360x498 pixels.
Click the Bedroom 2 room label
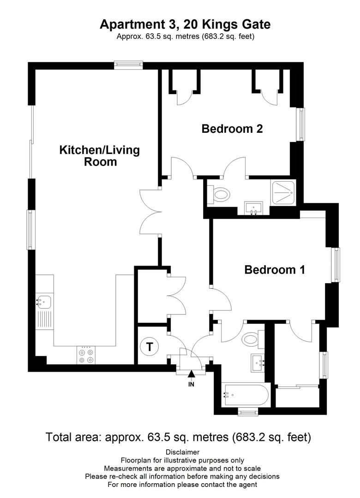pos(232,129)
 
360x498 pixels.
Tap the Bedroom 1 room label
pos(275,270)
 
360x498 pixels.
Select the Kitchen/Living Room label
pos(100,156)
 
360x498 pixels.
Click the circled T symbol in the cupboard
pos(149,346)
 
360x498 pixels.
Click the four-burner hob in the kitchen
pos(86,356)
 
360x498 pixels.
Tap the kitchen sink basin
pos(44,302)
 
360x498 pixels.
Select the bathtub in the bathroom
pos(246,395)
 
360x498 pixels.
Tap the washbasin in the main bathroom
pos(258,363)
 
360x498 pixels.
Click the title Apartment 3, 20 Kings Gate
pos(185,24)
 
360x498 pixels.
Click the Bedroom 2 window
pos(301,125)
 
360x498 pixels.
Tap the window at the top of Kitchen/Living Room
pos(129,65)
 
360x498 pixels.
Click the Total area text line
pos(178,437)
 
